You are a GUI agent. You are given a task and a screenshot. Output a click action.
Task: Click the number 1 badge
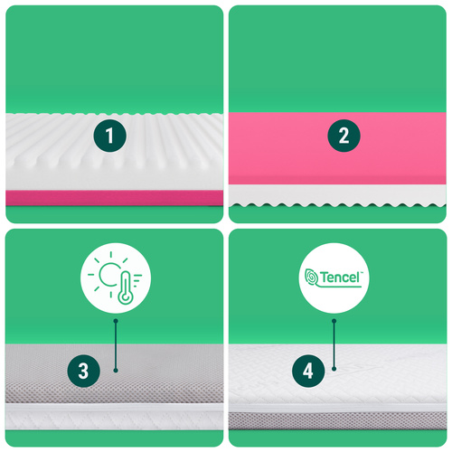pyautogui.click(x=109, y=136)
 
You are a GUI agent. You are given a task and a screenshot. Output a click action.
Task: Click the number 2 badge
pyautogui.click(x=344, y=136)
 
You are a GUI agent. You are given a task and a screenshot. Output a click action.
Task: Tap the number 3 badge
pyautogui.click(x=84, y=371)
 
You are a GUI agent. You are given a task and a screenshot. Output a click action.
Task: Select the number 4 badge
pyautogui.click(x=308, y=371)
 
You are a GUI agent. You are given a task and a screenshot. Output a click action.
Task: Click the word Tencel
pyautogui.click(x=340, y=278)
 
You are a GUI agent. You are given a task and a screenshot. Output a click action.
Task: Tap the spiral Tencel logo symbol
pyautogui.click(x=312, y=278)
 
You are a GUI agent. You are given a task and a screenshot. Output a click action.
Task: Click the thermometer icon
pyautogui.click(x=125, y=287)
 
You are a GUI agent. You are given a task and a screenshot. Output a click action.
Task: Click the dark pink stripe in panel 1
pyautogui.click(x=115, y=198)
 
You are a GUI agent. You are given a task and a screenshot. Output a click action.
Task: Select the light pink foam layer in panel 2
pyautogui.click(x=337, y=148)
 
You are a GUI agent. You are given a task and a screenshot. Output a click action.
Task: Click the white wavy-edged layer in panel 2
pyautogui.click(x=337, y=195)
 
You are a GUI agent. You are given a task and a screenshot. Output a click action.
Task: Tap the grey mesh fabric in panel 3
pyautogui.click(x=115, y=373)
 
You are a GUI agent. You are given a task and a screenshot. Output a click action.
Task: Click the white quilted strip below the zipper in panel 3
pyautogui.click(x=115, y=420)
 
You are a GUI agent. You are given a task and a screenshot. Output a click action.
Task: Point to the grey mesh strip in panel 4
pyautogui.click(x=337, y=420)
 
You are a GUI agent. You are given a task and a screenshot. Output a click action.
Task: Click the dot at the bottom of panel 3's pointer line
pyautogui.click(x=116, y=370)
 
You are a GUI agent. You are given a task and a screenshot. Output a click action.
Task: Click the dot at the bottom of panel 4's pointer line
pyautogui.click(x=334, y=369)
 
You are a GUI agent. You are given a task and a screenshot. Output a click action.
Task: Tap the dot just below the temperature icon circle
pyautogui.click(x=116, y=321)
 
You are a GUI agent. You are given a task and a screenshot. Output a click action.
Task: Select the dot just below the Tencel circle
pyautogui.click(x=334, y=321)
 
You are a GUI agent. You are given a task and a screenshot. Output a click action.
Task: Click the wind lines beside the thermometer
pyautogui.click(x=137, y=280)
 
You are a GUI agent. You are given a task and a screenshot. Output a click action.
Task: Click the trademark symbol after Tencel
pyautogui.click(x=362, y=272)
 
